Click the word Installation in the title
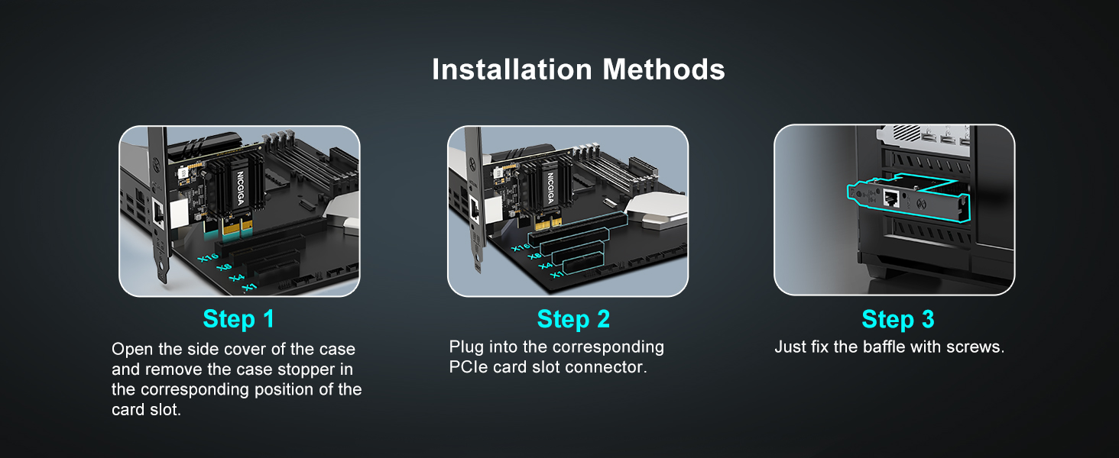[511, 69]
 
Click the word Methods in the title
[663, 69]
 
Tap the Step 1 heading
[238, 319]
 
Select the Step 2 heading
[573, 319]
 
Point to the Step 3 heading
[897, 319]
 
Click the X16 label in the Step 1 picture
[208, 257]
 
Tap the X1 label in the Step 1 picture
[249, 287]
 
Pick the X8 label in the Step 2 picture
[534, 256]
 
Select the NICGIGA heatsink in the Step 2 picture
[550, 185]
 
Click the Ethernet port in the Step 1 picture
[158, 213]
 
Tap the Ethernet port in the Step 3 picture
[891, 198]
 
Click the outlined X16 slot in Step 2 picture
[578, 228]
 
